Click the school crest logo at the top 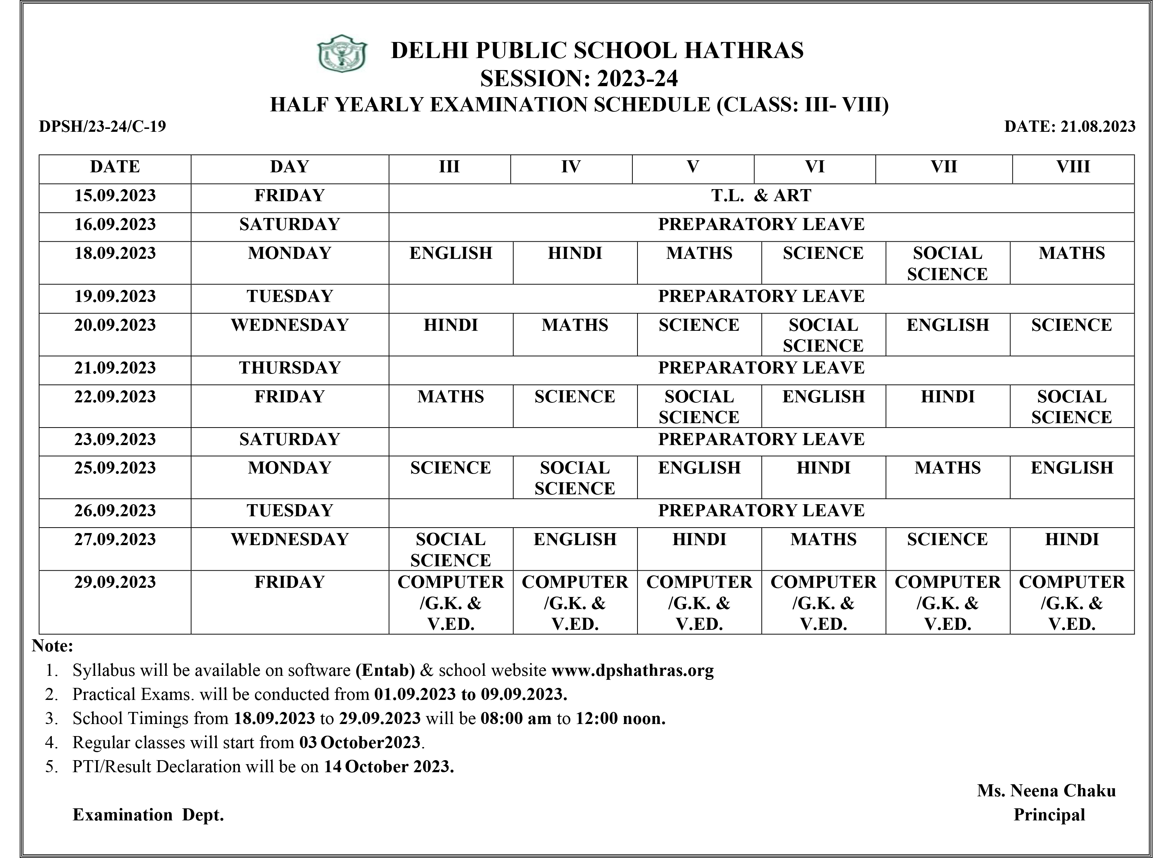pos(342,54)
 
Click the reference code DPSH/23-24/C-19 pos(102,127)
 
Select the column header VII pos(943,167)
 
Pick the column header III pos(449,167)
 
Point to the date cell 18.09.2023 pos(115,253)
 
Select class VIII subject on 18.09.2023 pos(1072,253)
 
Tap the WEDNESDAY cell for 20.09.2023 pos(289,325)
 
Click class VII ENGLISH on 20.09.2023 pos(947,325)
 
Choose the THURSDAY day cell pos(289,368)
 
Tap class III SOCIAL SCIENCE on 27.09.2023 pos(450,549)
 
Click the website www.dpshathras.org pos(632,670)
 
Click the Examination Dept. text pos(148,815)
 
